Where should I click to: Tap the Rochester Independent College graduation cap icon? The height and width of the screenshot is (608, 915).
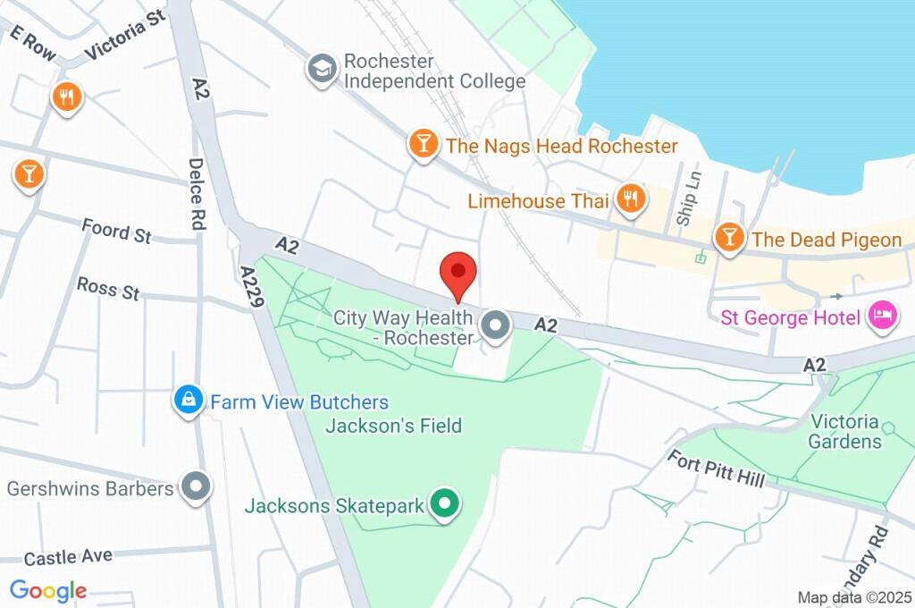tap(321, 69)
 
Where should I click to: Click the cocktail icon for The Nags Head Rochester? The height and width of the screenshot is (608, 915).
tap(423, 143)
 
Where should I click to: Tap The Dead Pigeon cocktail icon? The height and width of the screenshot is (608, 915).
tap(729, 237)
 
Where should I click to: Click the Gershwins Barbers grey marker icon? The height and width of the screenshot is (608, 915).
tap(195, 487)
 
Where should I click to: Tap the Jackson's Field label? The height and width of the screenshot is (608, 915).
tap(393, 426)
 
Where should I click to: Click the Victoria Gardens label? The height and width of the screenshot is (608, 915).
tap(844, 431)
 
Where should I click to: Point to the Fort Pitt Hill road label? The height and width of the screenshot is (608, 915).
tap(717, 469)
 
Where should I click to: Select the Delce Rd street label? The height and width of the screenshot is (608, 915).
tap(197, 195)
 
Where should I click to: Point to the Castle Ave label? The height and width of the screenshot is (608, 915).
tap(68, 557)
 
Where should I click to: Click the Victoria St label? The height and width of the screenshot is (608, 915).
tap(126, 41)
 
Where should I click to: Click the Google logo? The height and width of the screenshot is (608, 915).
tap(47, 590)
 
